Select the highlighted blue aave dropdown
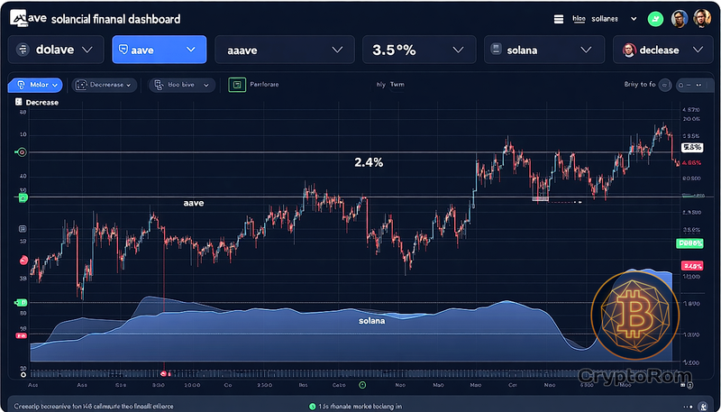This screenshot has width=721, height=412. coord(159,50)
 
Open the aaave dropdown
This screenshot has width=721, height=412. coord(282,50)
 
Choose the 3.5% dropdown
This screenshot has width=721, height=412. coord(417,50)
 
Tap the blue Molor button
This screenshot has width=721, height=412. coord(35,85)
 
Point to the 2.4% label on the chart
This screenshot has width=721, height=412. coord(368,163)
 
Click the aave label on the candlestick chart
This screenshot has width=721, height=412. coord(194,204)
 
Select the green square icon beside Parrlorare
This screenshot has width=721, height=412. coord(237,85)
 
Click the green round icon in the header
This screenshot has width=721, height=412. coord(654,18)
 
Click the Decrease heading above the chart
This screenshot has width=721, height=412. coord(41,103)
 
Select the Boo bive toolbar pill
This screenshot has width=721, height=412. coord(180,85)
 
